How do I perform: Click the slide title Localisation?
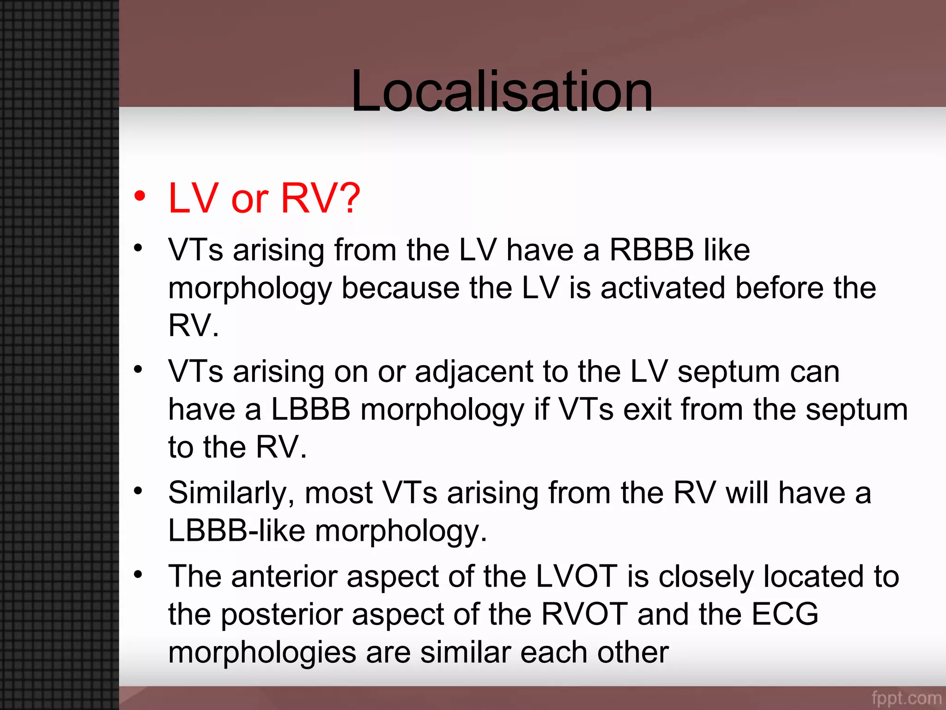[x=502, y=91]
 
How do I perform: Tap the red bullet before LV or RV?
[x=139, y=196]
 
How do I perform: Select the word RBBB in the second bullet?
[x=651, y=250]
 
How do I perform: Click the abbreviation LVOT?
[x=576, y=577]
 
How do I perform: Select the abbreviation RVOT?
[x=584, y=615]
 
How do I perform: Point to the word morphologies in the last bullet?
[x=262, y=653]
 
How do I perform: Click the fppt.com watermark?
[x=906, y=698]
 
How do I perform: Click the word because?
[x=400, y=288]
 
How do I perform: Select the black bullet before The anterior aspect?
[x=138, y=575]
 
